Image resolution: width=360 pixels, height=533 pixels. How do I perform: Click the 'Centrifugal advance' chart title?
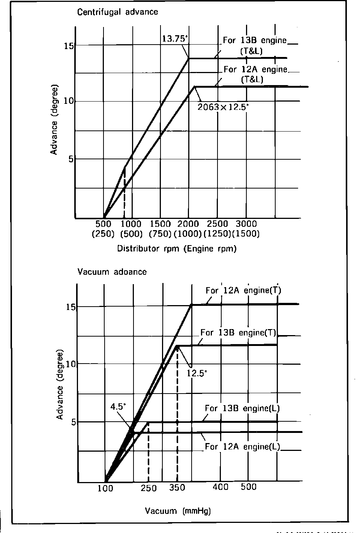coord(117,12)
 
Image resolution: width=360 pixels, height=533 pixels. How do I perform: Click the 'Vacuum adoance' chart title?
coord(112,272)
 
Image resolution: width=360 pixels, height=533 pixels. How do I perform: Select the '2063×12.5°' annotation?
coord(223,107)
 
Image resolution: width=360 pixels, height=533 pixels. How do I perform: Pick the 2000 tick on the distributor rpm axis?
coord(188,224)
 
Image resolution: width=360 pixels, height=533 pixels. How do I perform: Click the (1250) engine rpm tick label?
coord(217,234)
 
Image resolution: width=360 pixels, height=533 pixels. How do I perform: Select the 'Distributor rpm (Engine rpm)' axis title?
coord(177,249)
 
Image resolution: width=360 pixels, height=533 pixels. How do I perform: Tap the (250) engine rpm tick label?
coord(103,234)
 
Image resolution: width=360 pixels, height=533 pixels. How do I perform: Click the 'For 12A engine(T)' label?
coord(243,290)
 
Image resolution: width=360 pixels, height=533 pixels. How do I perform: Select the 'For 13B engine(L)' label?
coord(242,408)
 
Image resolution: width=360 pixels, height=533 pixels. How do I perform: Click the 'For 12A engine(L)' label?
coord(243,446)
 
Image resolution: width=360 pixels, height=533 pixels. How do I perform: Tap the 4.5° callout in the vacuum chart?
coord(118,406)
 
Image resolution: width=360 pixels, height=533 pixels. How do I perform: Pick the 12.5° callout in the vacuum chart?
coord(197,373)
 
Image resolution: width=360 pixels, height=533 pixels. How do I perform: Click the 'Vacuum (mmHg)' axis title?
coord(178,511)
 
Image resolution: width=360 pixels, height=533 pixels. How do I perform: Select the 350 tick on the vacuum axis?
coord(177,488)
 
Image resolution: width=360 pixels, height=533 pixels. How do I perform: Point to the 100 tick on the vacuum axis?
coord(105,488)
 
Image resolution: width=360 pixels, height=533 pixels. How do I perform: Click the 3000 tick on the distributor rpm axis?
coord(246,224)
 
